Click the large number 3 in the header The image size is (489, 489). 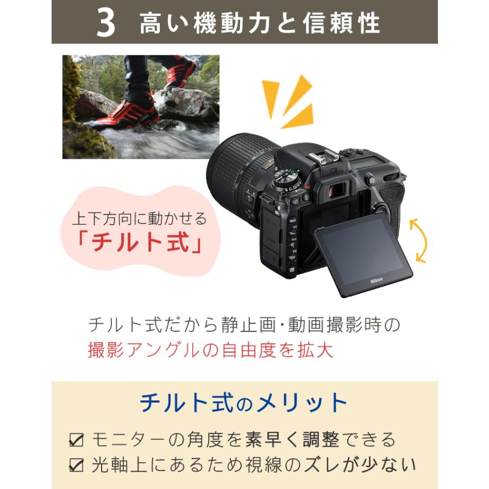(105, 23)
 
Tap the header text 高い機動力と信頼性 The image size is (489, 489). (260, 23)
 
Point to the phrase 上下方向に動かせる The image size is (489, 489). (140, 219)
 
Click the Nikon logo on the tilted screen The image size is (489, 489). (376, 280)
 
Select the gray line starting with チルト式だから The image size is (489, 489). (244, 325)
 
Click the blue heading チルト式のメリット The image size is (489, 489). (244, 403)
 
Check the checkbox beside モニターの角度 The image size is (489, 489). (76, 440)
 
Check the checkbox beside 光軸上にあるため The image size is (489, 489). (76, 465)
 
